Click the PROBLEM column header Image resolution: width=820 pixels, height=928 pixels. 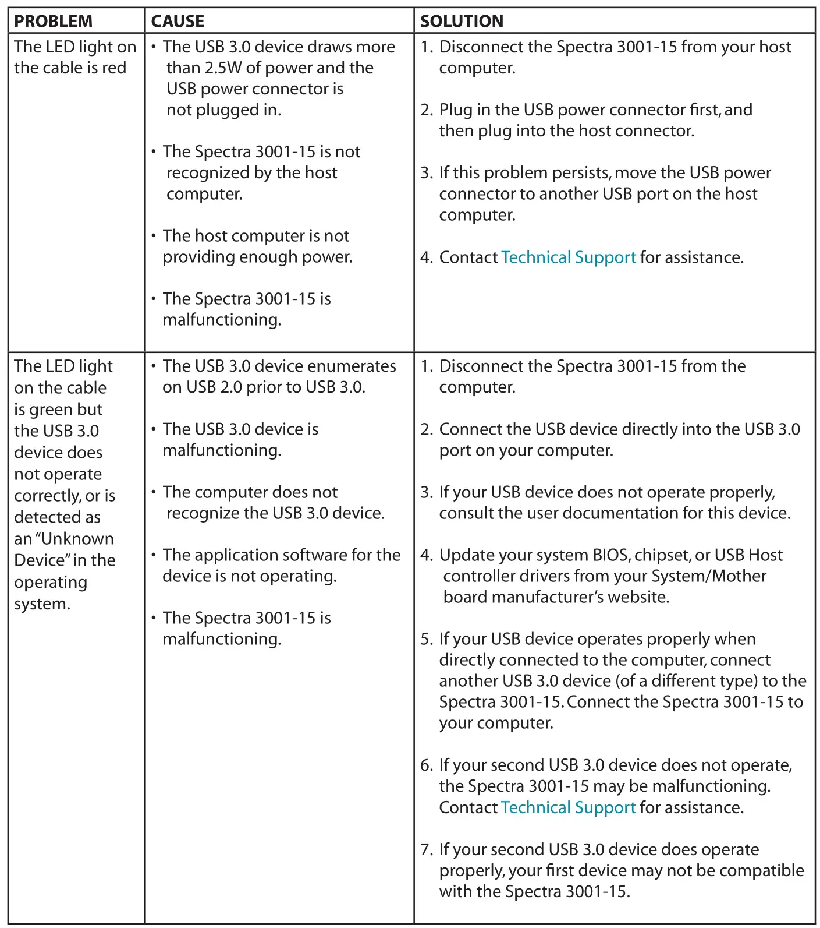click(x=53, y=22)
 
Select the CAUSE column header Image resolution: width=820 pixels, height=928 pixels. click(x=178, y=22)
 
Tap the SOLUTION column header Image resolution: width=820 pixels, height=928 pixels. click(x=462, y=22)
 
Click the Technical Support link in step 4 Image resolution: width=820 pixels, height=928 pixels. click(x=569, y=257)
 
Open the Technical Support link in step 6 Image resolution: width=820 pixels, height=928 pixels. click(x=568, y=807)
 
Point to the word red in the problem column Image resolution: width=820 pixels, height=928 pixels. click(x=114, y=68)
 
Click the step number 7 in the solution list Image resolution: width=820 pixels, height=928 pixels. click(x=426, y=849)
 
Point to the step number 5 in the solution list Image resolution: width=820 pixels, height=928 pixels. click(x=426, y=639)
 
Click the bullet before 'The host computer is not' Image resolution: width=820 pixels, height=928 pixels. click(x=154, y=236)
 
